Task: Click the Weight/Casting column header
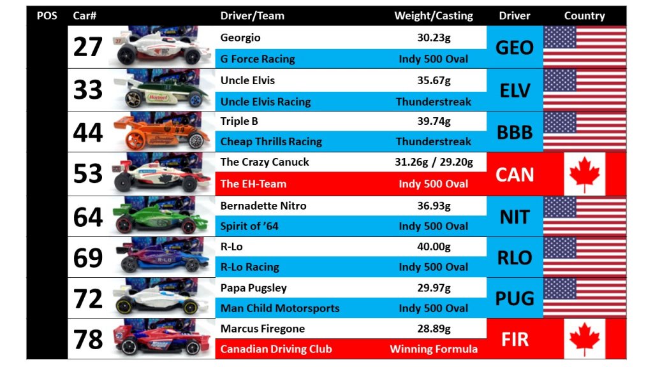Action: point(434,16)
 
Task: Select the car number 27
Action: point(87,47)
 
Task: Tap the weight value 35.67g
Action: point(434,80)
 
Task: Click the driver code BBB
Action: point(515,133)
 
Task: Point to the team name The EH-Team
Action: point(253,184)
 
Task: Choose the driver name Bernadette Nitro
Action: point(263,206)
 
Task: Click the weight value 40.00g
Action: point(434,247)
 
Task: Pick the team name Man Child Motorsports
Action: point(280,308)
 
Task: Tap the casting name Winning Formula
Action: point(434,349)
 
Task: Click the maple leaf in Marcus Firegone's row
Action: point(584,339)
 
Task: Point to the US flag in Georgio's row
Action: point(585,47)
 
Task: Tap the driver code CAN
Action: point(515,175)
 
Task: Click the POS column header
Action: point(47,16)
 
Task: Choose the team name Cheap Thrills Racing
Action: point(271,141)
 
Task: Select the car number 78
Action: point(87,339)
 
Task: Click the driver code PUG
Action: point(515,298)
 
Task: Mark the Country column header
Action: point(584,16)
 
